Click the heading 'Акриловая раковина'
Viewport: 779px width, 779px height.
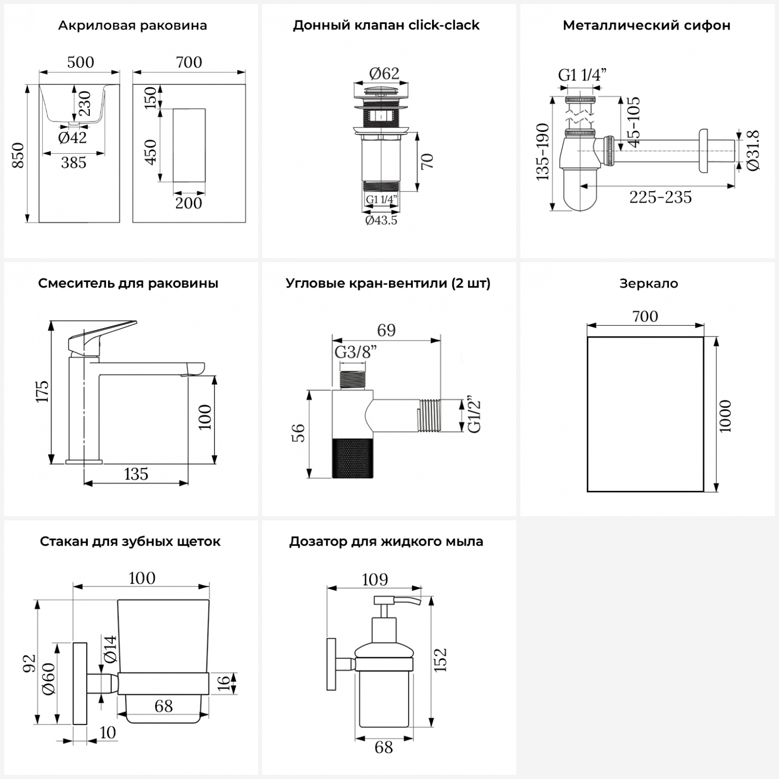(132, 25)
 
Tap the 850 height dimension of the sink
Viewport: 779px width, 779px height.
(19, 155)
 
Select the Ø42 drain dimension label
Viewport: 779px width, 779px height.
(72, 138)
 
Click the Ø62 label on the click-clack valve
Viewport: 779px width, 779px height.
(384, 74)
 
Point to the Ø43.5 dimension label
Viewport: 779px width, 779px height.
(381, 220)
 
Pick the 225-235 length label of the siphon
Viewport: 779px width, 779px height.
(661, 197)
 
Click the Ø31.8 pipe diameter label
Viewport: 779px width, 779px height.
(754, 151)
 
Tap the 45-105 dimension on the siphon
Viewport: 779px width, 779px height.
(633, 123)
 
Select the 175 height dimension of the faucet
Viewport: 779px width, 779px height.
(42, 391)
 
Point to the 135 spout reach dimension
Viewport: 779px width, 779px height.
(136, 474)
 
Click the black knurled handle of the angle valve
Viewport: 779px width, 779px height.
(352, 458)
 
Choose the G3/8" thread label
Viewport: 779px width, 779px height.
(355, 352)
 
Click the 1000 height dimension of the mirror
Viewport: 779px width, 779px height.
(726, 415)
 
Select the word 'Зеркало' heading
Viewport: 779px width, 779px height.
(649, 284)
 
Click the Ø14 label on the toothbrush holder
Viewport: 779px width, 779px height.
(110, 649)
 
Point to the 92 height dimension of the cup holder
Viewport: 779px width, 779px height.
(29, 663)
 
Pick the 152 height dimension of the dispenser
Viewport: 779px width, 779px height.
(440, 660)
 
